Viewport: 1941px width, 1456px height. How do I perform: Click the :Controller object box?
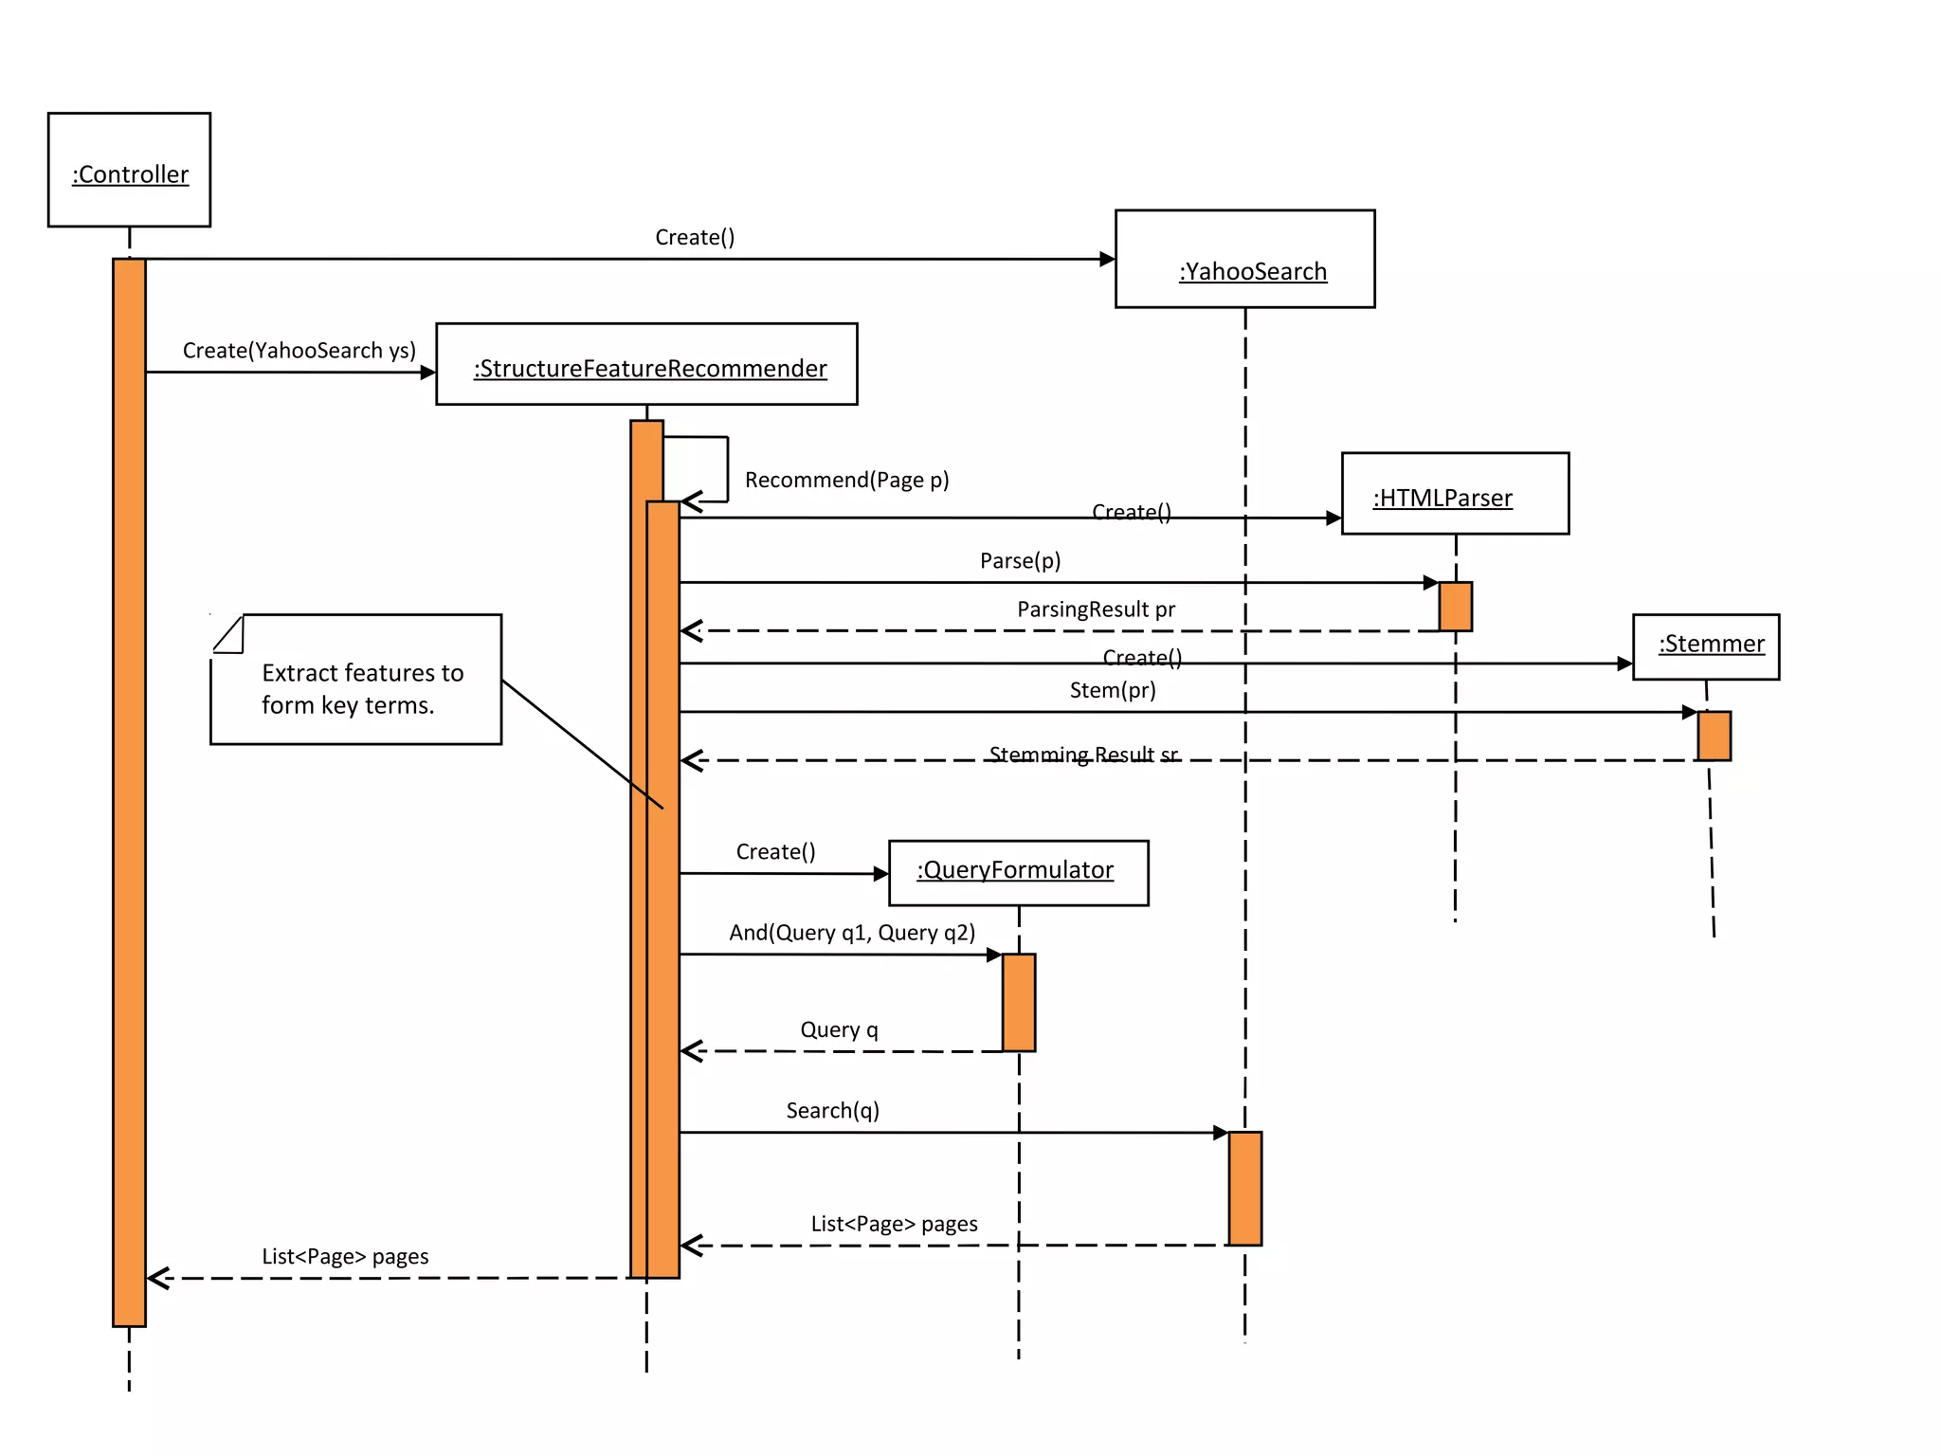pos(129,170)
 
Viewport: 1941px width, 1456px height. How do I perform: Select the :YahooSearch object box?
pos(1244,259)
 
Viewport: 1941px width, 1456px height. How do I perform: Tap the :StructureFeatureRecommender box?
pos(646,365)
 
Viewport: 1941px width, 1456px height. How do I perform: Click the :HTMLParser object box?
pos(1455,494)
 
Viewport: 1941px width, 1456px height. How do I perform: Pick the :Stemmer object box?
pos(1706,646)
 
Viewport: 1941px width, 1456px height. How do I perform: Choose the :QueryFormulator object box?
pos(1018,873)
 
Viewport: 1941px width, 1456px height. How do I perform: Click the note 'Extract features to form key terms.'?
pos(356,681)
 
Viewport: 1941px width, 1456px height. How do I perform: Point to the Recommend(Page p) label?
pos(846,480)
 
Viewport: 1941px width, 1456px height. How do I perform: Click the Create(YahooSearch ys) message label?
pos(299,351)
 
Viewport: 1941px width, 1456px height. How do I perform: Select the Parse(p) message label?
pos(1020,560)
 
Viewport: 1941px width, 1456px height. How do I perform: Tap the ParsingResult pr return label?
pos(1096,610)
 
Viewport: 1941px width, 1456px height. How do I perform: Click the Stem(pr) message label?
pos(1113,690)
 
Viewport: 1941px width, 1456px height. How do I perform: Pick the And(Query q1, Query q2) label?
pos(852,933)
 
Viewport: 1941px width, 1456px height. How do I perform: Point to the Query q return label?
pos(839,1029)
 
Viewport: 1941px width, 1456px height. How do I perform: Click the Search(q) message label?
pos(832,1111)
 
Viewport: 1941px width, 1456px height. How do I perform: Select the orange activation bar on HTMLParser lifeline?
pos(1455,607)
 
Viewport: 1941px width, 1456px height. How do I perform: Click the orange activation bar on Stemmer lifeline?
pos(1714,736)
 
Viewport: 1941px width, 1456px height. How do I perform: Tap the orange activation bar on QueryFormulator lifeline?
pos(1019,1003)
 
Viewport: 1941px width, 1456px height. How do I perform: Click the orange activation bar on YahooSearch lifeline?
pos(1244,1188)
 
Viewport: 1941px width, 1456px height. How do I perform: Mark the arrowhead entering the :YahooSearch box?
pos(1107,259)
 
